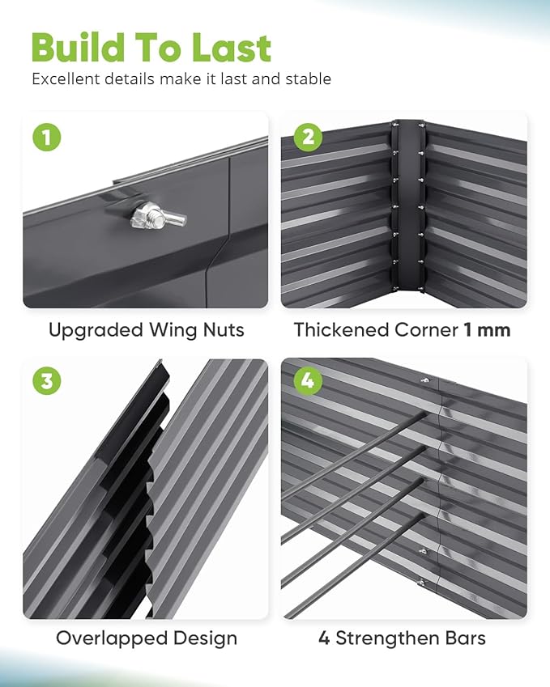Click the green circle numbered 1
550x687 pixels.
tap(46, 137)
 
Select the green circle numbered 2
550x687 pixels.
tap(306, 137)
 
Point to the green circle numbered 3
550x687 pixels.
tap(46, 381)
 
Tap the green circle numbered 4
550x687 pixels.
tap(306, 381)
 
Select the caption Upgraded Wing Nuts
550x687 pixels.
tap(146, 330)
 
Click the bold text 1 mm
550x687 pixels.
tap(487, 330)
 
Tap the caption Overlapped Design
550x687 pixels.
tap(146, 638)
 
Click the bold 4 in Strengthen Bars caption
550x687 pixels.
tap(324, 638)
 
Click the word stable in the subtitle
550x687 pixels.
tap(307, 79)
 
